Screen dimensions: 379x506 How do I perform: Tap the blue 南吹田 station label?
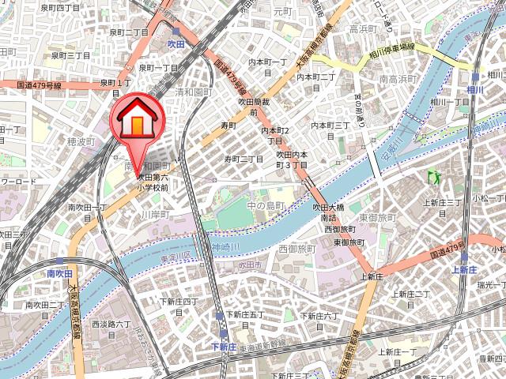59,273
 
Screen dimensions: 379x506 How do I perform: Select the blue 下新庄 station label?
223,346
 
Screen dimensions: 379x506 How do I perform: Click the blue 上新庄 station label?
464,269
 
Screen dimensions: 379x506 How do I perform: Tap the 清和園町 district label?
193,92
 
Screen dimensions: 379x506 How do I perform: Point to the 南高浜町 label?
398,79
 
